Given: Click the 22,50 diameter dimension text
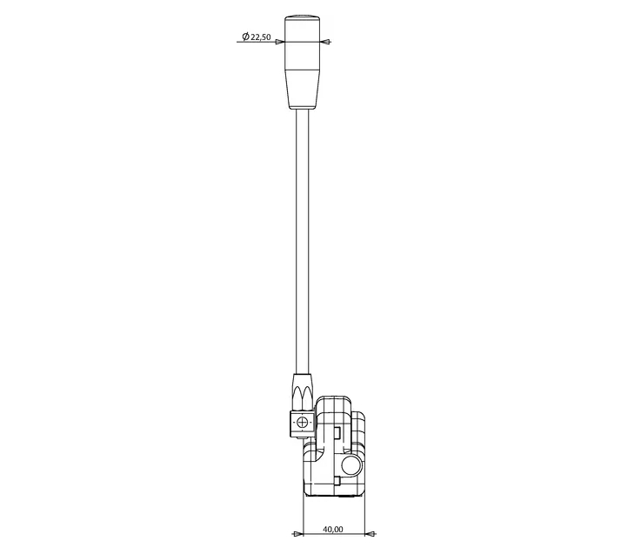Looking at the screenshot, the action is [261, 37].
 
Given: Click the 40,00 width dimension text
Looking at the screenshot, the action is [333, 529].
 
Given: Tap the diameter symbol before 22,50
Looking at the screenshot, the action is [245, 37].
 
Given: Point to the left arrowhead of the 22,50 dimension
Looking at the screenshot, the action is [280, 42].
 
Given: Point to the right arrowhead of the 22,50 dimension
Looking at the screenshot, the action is [325, 42].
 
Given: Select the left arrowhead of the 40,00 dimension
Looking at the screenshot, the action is [297, 534].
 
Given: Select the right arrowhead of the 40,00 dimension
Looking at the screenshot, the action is [370, 534].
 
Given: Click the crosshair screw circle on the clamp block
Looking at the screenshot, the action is [302, 423].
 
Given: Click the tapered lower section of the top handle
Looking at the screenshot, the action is [303, 90].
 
